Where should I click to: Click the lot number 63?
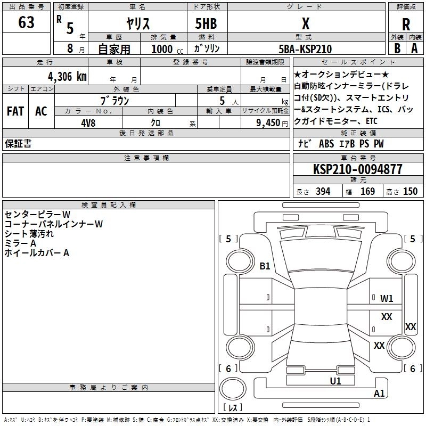tap(26, 22)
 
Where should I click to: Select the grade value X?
tap(305, 23)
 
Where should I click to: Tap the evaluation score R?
tap(406, 24)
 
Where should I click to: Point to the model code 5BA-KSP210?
tap(305, 49)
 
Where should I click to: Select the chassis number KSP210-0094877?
tap(357, 169)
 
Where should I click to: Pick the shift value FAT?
tap(15, 111)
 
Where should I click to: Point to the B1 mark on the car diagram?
tap(265, 266)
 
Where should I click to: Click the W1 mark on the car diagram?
tap(387, 299)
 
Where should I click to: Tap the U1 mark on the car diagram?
tap(335, 380)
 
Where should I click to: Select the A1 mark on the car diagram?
tap(379, 394)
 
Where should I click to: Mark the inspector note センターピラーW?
tap(37, 215)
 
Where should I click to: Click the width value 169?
tap(367, 192)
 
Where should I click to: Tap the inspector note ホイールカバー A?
tap(37, 253)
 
